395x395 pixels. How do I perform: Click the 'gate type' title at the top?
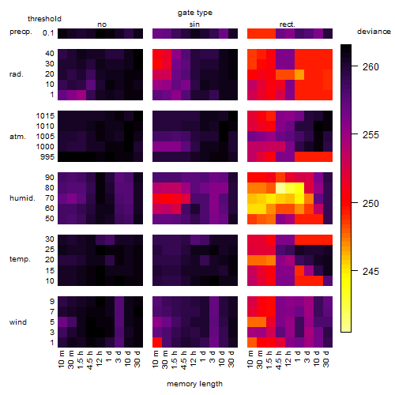(x=195, y=13)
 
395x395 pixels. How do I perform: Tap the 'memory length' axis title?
(x=195, y=384)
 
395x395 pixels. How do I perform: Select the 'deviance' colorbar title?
(x=374, y=32)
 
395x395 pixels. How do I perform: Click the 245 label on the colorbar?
(x=371, y=272)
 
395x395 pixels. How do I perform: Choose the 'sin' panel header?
(x=194, y=24)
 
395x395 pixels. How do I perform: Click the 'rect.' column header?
(x=288, y=24)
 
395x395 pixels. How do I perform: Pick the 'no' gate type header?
(x=102, y=24)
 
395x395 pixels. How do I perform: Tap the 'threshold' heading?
(x=44, y=19)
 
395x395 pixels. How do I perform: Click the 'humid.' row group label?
(x=22, y=198)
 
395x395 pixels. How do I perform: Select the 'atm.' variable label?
(x=17, y=137)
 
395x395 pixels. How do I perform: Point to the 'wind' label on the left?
(x=18, y=322)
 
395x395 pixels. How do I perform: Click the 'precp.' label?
(x=21, y=32)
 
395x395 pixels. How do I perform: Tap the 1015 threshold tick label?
(x=45, y=116)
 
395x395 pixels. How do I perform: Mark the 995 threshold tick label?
(x=47, y=157)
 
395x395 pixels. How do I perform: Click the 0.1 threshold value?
(x=48, y=33)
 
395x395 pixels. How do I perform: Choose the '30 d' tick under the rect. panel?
(x=326, y=359)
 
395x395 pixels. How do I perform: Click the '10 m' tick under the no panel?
(x=61, y=359)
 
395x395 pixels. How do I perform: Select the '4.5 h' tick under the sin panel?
(x=184, y=360)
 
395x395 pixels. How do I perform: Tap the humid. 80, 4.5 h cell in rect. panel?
(x=280, y=188)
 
